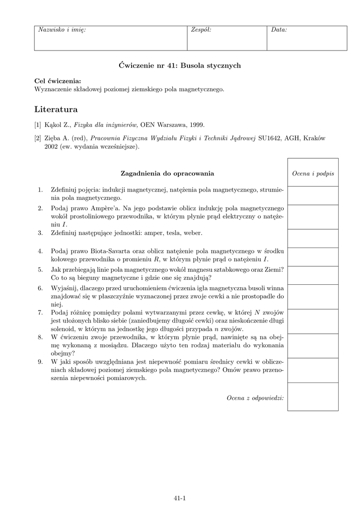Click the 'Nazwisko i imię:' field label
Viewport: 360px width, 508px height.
coord(62,30)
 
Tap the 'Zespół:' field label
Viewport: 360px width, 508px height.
coord(201,30)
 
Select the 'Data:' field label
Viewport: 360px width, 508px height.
coord(279,30)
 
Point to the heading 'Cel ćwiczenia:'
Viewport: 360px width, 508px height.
coord(58,81)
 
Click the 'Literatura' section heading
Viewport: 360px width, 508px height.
coord(56,109)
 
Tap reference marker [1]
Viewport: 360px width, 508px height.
coord(38,125)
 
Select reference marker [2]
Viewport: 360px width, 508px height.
coord(38,138)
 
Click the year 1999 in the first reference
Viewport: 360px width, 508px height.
coord(195,125)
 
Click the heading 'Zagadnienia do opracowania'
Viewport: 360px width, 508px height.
coord(167,173)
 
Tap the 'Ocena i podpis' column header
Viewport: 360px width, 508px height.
coord(313,173)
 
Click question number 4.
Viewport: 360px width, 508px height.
coord(40,251)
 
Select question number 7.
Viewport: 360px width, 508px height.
coord(40,313)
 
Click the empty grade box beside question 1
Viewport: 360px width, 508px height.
coord(313,195)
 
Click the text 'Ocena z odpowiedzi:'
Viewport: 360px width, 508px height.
coord(255,397)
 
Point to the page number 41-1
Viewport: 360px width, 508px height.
coord(180,499)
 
